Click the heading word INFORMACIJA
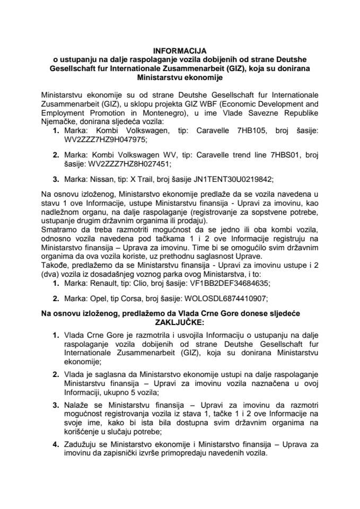coord(180,51)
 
